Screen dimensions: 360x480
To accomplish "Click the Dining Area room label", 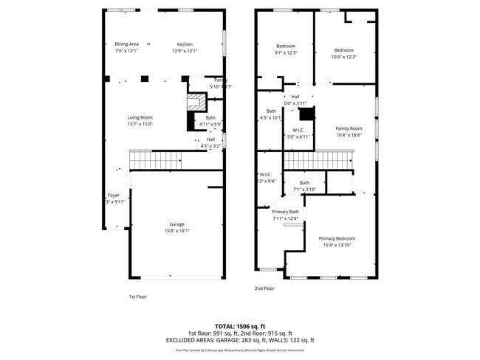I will coord(126,44).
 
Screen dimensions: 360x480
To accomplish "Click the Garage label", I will coord(176,224).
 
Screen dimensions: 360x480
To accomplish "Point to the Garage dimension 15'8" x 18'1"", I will coord(176,231).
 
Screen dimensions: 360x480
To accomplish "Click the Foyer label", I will coord(113,195).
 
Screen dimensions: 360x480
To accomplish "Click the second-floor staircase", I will coord(316,159).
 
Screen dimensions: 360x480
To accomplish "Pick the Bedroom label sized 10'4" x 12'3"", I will coord(343,50).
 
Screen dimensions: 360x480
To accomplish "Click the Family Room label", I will coord(349,128).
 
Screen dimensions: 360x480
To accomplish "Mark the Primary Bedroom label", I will coord(337,238).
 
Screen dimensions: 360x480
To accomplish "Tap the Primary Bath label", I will coord(285,212).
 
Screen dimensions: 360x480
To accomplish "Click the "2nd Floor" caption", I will coord(264,288).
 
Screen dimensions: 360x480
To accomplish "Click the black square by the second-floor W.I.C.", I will coord(306,114).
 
